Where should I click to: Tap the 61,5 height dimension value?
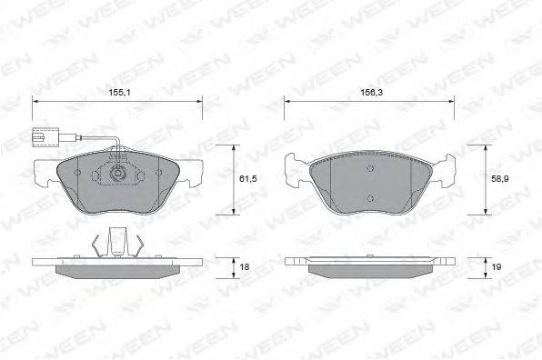point(248,179)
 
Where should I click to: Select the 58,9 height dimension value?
point(500,179)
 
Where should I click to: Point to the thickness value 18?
point(245,267)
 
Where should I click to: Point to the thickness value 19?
point(497,267)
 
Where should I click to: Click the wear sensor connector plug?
point(45,137)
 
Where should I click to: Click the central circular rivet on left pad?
point(118,173)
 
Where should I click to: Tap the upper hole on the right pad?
point(370,168)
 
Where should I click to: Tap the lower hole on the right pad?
point(370,198)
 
